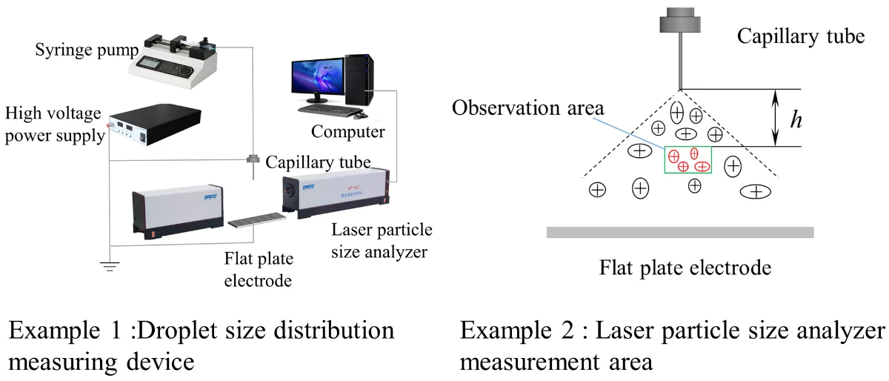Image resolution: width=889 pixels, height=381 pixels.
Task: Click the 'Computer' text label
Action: (x=347, y=132)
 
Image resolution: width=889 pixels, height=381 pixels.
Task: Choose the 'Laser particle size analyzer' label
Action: (x=382, y=241)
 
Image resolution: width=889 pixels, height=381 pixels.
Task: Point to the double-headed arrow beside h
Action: (x=776, y=118)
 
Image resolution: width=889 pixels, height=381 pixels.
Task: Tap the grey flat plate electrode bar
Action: (x=679, y=232)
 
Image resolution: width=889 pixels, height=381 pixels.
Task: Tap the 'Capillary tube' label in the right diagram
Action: (x=800, y=36)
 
